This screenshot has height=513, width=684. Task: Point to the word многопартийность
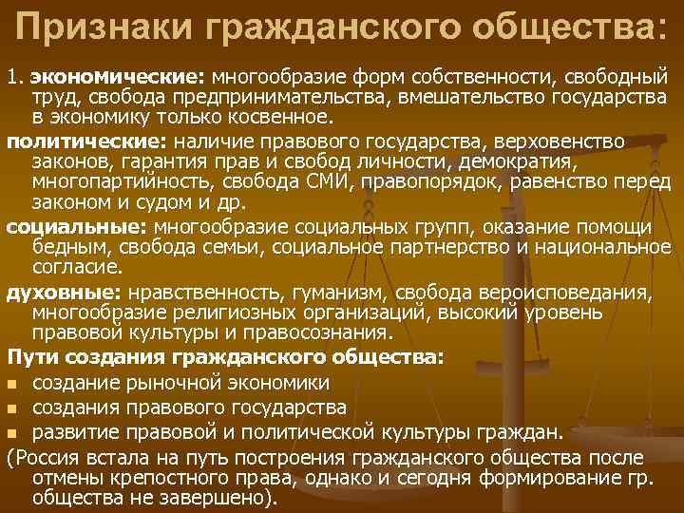105,183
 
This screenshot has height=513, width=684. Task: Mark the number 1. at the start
14,76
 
